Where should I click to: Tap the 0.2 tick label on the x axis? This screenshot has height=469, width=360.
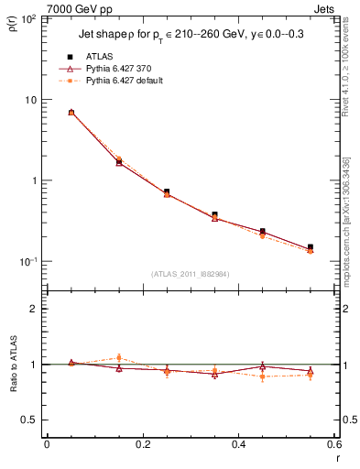[x=142, y=443]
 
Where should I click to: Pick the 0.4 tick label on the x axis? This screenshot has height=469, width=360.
[x=238, y=443]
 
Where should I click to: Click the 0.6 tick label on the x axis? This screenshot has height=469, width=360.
[x=333, y=443]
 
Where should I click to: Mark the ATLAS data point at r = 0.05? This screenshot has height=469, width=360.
[x=71, y=113]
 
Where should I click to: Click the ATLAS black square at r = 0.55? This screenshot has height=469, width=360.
[x=310, y=247]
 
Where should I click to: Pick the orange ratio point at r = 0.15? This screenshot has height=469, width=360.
[x=119, y=358]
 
